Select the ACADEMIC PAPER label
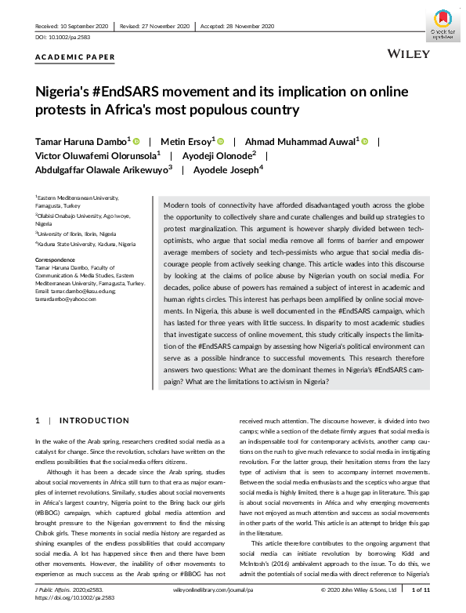pyautogui.click(x=75, y=57)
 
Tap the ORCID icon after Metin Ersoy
pyautogui.click(x=220, y=141)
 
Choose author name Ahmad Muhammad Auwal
pyautogui.click(x=294, y=141)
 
